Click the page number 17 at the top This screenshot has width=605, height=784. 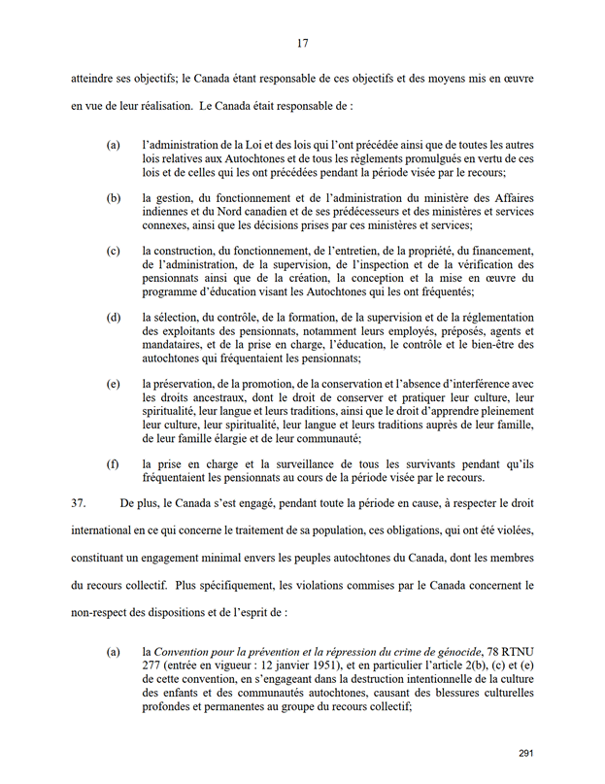(302, 42)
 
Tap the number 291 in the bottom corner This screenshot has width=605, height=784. (526, 753)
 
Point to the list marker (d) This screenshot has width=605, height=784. (113, 318)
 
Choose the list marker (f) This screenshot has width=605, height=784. (113, 463)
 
